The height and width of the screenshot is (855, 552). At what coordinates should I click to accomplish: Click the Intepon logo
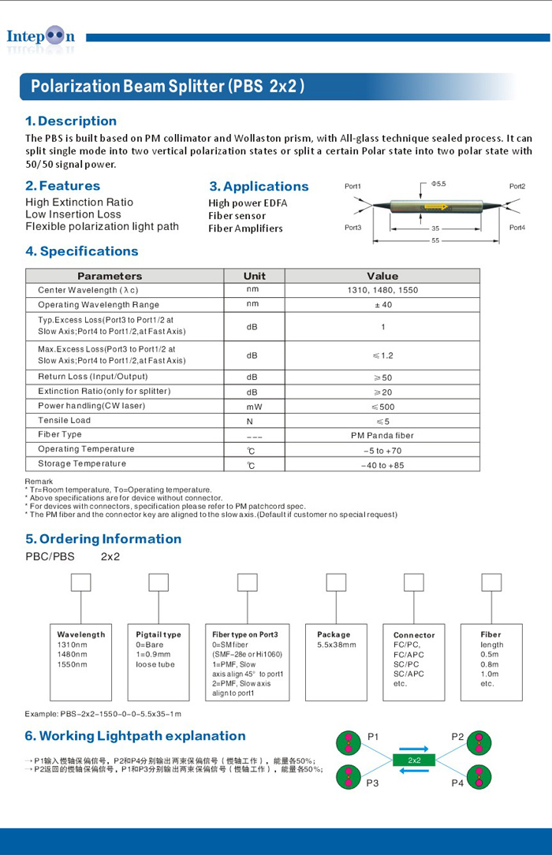coord(40,37)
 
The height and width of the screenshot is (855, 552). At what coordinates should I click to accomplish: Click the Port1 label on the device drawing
coord(352,187)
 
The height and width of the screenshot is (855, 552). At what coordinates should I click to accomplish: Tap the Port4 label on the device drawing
coord(517,228)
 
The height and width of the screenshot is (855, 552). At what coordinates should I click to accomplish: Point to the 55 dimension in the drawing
coord(436,240)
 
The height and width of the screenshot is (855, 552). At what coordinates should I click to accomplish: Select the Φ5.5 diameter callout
coord(438,184)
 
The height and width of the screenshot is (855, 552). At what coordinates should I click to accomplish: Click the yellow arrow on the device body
coord(435,207)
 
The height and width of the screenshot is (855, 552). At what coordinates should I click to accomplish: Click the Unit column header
coord(254,276)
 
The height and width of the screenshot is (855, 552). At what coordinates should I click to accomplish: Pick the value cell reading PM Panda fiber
coord(382,435)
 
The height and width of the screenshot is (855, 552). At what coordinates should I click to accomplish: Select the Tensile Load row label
coord(64,420)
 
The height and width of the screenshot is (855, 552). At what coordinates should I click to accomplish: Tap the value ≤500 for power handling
coord(382,407)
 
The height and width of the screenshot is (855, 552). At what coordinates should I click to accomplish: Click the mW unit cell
coord(253,407)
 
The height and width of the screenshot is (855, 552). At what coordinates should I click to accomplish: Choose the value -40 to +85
coord(382,465)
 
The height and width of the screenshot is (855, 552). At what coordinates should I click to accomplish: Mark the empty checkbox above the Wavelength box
coord(81,582)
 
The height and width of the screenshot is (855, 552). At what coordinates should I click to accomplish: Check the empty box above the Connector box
coord(414,582)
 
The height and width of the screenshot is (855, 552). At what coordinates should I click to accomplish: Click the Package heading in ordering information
coord(334,634)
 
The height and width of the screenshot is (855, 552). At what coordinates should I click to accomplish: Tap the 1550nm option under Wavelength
coord(72,664)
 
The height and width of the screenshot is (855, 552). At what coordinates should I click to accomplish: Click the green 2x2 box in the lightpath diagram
coord(414,760)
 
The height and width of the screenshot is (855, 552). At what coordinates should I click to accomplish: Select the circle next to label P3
coord(348,776)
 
